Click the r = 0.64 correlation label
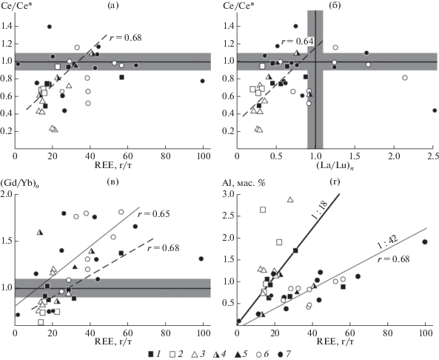pos(297,41)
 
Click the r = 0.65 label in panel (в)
pos(154,214)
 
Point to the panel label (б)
pos(335,6)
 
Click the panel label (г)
pos(335,182)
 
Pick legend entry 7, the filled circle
pos(281,354)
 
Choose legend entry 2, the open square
pos(173,355)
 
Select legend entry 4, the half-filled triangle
pos(215,354)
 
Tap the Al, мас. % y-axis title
pos(244,183)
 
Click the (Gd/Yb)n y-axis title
pos(19,184)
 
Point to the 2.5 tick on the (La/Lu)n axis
pos(433,156)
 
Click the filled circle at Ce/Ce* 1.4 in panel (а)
pos(50,27)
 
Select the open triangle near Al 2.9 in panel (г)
pos(290,199)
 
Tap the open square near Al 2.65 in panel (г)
pos(263,210)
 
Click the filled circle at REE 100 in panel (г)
pos(425,241)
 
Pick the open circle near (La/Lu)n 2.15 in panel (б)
pos(404,78)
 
